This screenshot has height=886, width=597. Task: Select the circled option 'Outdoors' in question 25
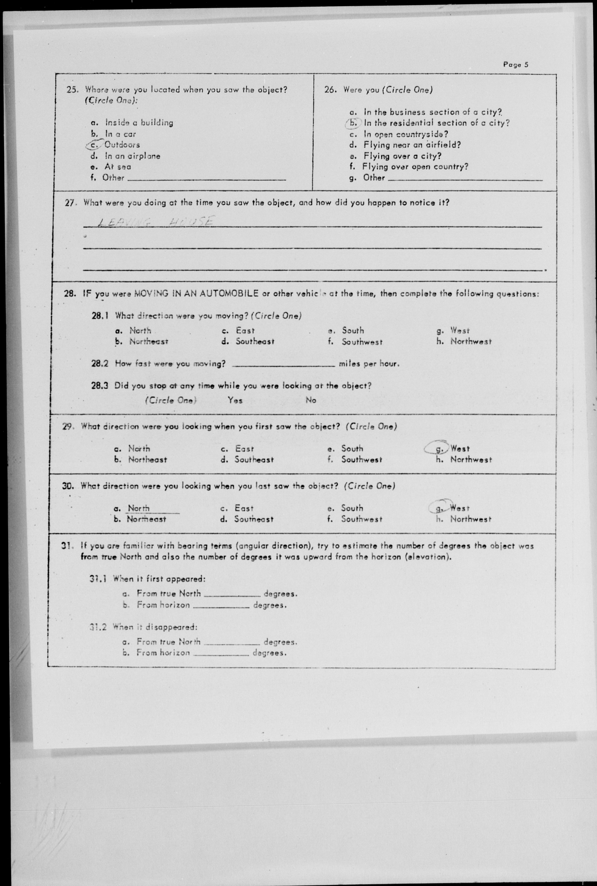pyautogui.click(x=122, y=145)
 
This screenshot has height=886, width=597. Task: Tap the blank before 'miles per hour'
pyautogui.click(x=283, y=364)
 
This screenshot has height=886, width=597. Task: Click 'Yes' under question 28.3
pyautogui.click(x=235, y=400)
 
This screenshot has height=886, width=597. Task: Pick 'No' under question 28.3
pyautogui.click(x=311, y=400)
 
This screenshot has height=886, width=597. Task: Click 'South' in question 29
pyautogui.click(x=352, y=449)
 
